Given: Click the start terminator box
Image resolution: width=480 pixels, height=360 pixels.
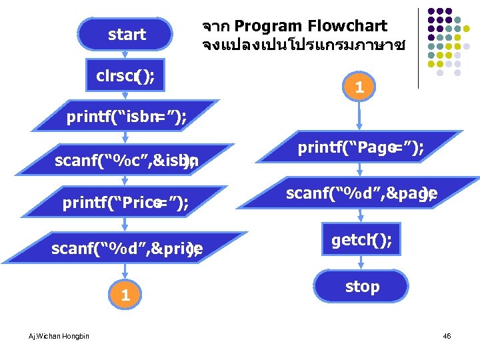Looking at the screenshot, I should pyautogui.click(x=126, y=35).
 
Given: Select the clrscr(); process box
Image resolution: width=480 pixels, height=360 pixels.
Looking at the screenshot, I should pyautogui.click(x=126, y=76).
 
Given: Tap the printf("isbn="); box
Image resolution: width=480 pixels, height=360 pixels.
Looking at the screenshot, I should pyautogui.click(x=126, y=118).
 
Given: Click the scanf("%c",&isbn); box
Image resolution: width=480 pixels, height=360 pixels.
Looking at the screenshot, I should pyautogui.click(x=126, y=160).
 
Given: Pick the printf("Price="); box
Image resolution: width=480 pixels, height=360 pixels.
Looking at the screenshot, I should pyautogui.click(x=126, y=203).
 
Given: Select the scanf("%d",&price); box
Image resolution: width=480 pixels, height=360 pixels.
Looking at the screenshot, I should pyautogui.click(x=126, y=249).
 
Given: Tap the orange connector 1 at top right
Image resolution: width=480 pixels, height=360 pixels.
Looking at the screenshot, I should pyautogui.click(x=359, y=87).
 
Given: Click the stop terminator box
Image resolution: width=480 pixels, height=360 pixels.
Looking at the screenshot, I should pyautogui.click(x=361, y=287).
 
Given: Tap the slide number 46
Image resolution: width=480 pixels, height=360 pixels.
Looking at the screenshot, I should pyautogui.click(x=447, y=336).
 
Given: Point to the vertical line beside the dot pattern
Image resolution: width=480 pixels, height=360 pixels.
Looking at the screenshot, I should pyautogui.click(x=418, y=47).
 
